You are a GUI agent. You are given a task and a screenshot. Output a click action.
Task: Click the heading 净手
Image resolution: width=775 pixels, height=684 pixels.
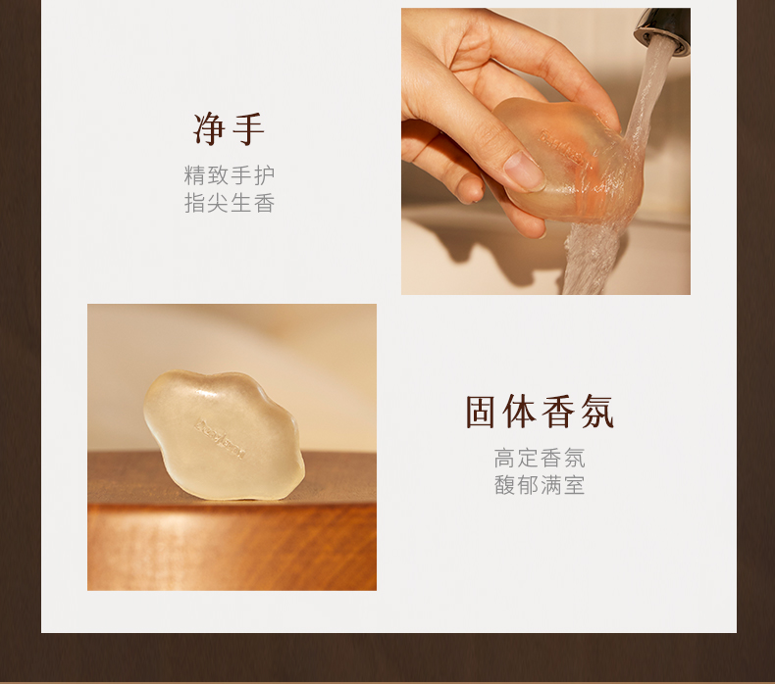click(x=229, y=129)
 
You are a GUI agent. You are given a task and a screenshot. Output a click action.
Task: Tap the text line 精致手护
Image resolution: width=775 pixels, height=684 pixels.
click(x=230, y=175)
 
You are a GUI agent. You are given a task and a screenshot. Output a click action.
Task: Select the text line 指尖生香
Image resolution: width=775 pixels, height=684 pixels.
click(x=230, y=203)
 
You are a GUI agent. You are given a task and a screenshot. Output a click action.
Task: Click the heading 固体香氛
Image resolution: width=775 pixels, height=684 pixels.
click(x=540, y=412)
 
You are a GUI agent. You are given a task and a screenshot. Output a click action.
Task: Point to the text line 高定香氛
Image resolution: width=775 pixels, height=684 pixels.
click(x=540, y=458)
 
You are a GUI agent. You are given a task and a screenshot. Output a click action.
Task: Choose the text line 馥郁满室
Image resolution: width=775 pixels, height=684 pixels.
click(x=540, y=485)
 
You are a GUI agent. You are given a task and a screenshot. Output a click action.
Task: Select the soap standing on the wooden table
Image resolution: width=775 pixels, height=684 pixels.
click(x=224, y=435)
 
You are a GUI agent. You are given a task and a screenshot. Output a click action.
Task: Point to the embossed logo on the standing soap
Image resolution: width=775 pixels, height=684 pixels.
click(x=221, y=438)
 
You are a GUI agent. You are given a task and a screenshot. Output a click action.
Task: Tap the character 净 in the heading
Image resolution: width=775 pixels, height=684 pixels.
click(x=210, y=129)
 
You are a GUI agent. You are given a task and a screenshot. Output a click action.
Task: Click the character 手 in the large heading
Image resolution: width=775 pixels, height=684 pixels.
click(x=248, y=129)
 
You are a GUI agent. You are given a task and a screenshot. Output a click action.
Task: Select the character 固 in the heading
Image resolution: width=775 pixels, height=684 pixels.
click(x=481, y=412)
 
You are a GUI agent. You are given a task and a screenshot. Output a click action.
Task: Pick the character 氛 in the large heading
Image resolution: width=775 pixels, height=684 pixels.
click(x=597, y=412)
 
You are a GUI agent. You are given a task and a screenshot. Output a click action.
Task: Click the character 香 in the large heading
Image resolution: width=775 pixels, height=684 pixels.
click(x=558, y=412)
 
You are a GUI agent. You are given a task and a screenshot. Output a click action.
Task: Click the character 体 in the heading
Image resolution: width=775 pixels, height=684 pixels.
click(x=520, y=412)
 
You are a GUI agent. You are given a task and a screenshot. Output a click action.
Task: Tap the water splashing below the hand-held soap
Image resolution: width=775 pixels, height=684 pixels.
click(x=591, y=257)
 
